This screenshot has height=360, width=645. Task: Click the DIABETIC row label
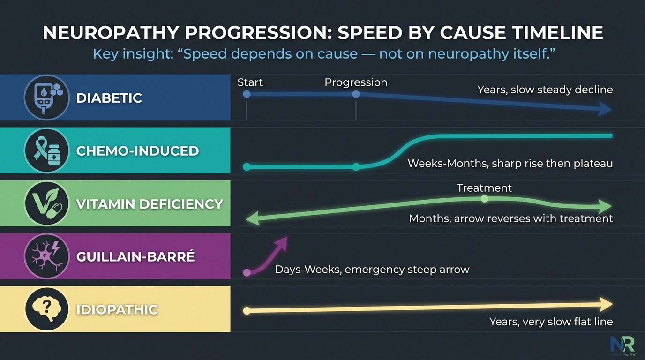pyautogui.click(x=109, y=98)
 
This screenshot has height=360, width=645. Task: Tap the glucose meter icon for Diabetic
pyautogui.click(x=46, y=97)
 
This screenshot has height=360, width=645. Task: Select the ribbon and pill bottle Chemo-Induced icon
pyautogui.click(x=46, y=150)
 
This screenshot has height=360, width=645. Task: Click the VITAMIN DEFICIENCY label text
pyautogui.click(x=149, y=204)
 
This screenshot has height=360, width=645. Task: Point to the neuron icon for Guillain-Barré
pyautogui.click(x=46, y=256)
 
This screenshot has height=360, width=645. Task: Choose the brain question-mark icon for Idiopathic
pyautogui.click(x=46, y=309)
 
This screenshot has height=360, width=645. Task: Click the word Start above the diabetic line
pyautogui.click(x=250, y=82)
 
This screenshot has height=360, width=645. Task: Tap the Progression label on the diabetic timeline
pyautogui.click(x=356, y=82)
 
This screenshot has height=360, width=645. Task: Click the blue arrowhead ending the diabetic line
pyautogui.click(x=606, y=110)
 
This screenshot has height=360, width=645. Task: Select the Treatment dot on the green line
pyautogui.click(x=484, y=199)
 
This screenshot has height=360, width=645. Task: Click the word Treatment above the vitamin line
pyautogui.click(x=484, y=188)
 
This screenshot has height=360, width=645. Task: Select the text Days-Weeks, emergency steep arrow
pyautogui.click(x=372, y=270)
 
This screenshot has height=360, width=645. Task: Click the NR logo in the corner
pyautogui.click(x=622, y=345)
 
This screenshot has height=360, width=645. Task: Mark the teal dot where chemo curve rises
pyautogui.click(x=356, y=166)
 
